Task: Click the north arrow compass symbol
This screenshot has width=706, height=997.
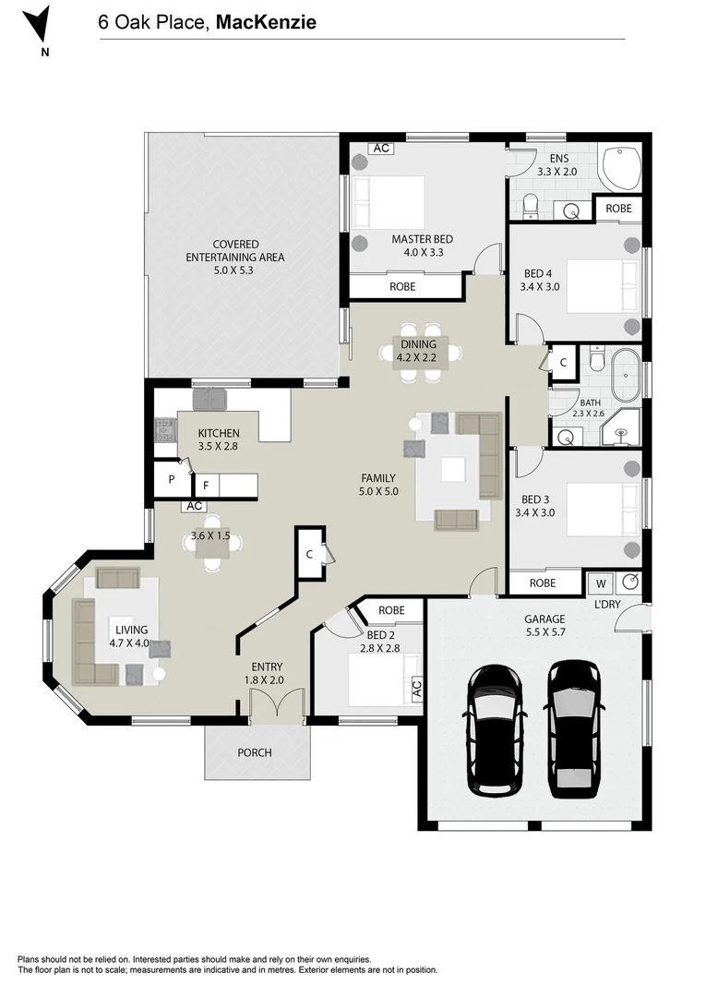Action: click(36, 24)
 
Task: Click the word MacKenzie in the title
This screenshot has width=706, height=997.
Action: click(267, 22)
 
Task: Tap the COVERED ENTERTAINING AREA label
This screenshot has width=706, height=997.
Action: click(234, 251)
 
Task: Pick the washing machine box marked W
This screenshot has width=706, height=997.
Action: click(600, 583)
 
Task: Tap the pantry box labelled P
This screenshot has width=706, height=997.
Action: click(172, 479)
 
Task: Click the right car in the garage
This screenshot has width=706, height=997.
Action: click(573, 728)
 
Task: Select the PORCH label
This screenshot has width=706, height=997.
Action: click(255, 752)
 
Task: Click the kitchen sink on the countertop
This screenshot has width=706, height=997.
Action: click(209, 399)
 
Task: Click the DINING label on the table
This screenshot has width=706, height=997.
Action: click(418, 344)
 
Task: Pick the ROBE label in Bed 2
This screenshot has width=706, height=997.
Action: click(391, 610)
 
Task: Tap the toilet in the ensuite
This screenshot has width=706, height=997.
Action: click(530, 208)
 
